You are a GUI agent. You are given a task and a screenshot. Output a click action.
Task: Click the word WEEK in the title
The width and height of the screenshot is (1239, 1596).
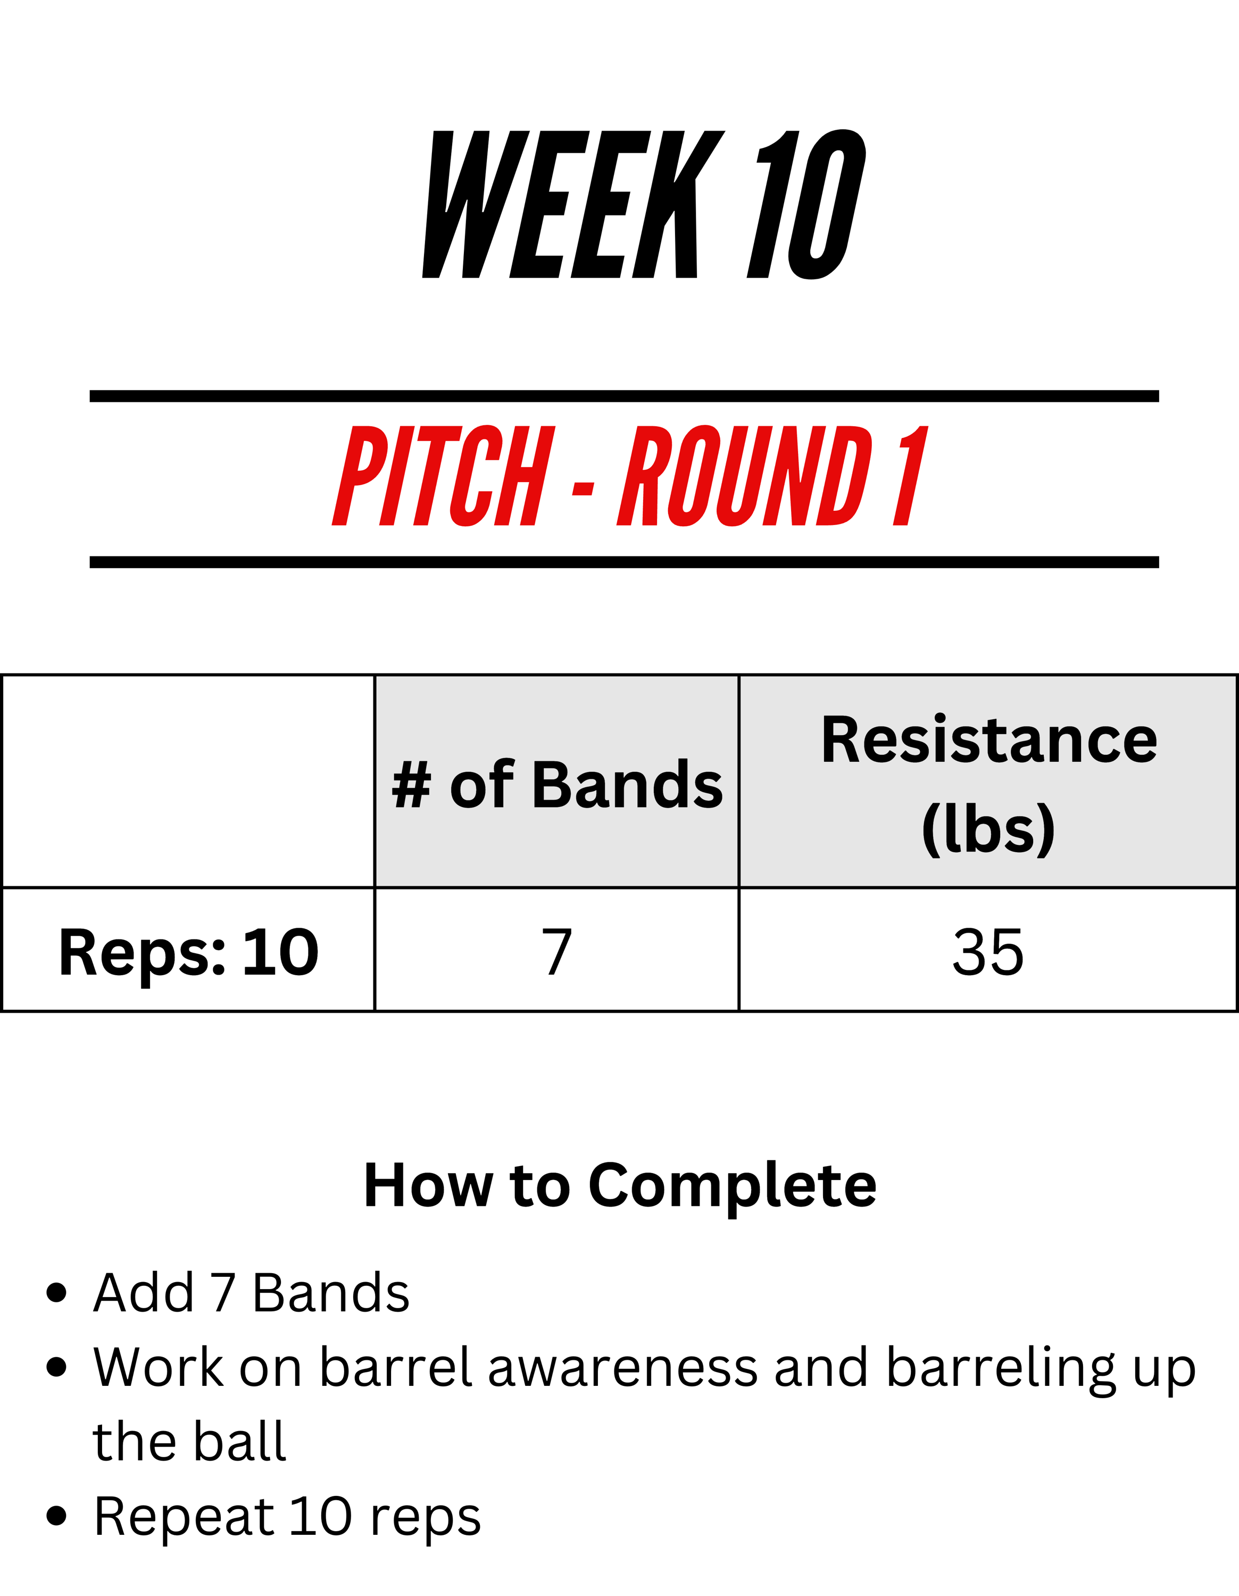(x=573, y=205)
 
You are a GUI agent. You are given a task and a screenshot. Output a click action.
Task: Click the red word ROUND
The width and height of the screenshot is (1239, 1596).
(x=745, y=476)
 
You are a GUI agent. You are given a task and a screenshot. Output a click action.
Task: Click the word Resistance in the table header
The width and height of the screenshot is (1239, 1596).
(x=989, y=739)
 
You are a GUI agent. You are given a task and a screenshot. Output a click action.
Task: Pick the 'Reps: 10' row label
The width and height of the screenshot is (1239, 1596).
(x=188, y=952)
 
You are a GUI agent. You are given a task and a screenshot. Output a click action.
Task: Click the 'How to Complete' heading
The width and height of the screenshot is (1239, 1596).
(x=619, y=1185)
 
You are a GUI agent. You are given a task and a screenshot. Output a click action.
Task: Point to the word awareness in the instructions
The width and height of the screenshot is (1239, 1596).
(x=623, y=1368)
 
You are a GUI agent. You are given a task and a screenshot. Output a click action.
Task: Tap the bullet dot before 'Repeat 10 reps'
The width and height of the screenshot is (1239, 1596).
(x=56, y=1516)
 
